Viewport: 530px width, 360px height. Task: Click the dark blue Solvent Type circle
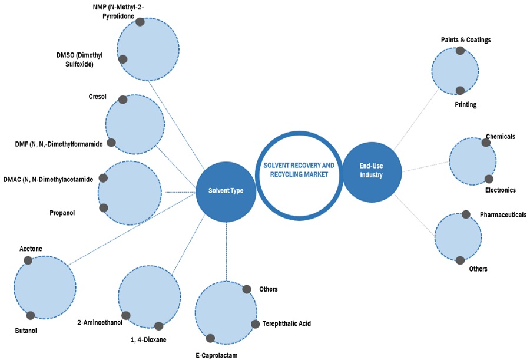[226, 190]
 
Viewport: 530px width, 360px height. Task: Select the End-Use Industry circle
[371, 170]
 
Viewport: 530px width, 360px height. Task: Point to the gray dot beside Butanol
[31, 316]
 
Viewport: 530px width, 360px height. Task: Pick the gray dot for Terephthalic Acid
[255, 324]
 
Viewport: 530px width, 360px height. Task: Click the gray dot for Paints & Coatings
[460, 51]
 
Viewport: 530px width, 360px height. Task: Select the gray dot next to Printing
[460, 91]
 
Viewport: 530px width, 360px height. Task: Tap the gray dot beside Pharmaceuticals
[466, 214]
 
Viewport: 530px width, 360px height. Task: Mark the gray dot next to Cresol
[122, 100]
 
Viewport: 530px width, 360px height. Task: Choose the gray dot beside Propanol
[104, 207]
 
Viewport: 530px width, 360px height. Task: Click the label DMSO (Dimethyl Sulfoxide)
[79, 60]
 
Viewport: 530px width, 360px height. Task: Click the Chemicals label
[501, 136]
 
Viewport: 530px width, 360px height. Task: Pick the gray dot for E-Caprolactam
[210, 338]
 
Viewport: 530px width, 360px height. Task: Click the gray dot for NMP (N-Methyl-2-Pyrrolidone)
[140, 22]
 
